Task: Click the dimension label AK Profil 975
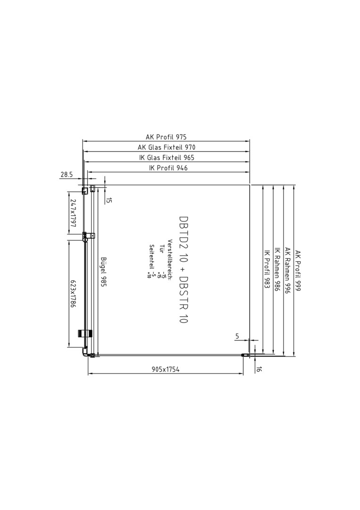(166, 137)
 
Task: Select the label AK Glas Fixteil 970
(167, 147)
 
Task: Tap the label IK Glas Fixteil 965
(167, 158)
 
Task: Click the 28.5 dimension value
(67, 175)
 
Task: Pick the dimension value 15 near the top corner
(109, 200)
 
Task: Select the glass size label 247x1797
(73, 213)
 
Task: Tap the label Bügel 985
(103, 272)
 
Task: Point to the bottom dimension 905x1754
(166, 369)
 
